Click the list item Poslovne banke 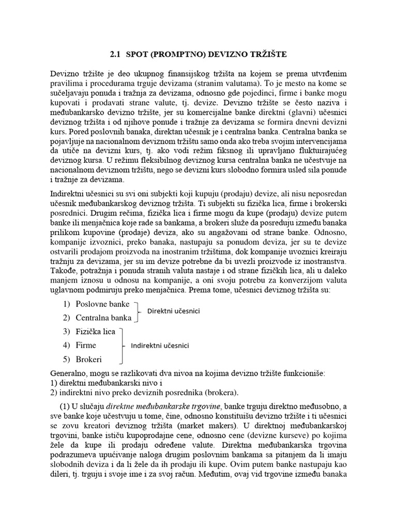pyautogui.click(x=102, y=304)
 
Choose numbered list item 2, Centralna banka pyautogui.click(x=103, y=317)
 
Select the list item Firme pyautogui.click(x=86, y=345)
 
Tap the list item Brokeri pyautogui.click(x=88, y=359)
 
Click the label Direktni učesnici pyautogui.click(x=173, y=312)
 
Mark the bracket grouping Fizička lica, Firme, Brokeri pyautogui.click(x=122, y=345)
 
